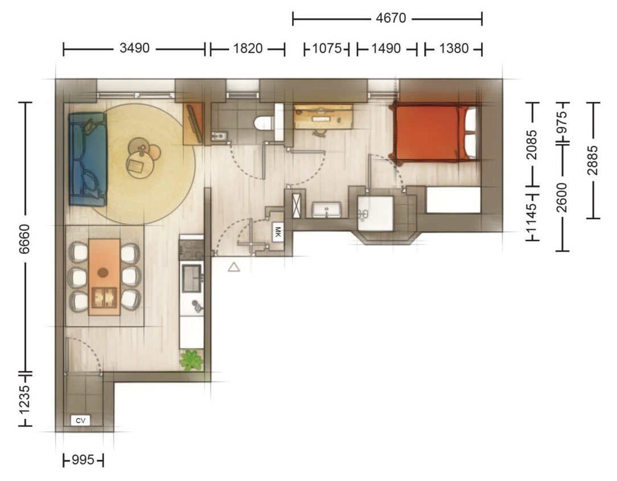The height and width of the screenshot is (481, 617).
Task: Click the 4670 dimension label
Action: pyautogui.click(x=390, y=18)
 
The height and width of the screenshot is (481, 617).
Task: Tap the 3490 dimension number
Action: pyautogui.click(x=134, y=48)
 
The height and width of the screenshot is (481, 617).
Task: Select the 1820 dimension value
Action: pyautogui.click(x=248, y=48)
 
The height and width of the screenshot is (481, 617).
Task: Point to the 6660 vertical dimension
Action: pyautogui.click(x=24, y=239)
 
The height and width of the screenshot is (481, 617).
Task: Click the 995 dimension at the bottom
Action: pyautogui.click(x=83, y=460)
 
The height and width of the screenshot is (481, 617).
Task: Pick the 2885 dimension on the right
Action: pyautogui.click(x=592, y=160)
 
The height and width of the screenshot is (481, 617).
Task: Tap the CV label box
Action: pyautogui.click(x=80, y=421)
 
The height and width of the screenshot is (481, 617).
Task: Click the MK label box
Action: pyautogui.click(x=278, y=232)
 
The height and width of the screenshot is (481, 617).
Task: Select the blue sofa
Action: pyautogui.click(x=88, y=159)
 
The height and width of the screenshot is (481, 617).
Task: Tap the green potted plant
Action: pyautogui.click(x=192, y=360)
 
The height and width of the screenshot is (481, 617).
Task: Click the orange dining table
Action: pyautogui.click(x=104, y=277)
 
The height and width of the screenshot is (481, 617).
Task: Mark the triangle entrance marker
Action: pyautogui.click(x=234, y=268)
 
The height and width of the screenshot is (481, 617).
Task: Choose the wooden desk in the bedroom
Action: pyautogui.click(x=323, y=117)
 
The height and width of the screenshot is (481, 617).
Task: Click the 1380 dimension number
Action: pyautogui.click(x=454, y=48)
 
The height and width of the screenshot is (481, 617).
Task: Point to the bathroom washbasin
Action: pyautogui.click(x=326, y=209)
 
